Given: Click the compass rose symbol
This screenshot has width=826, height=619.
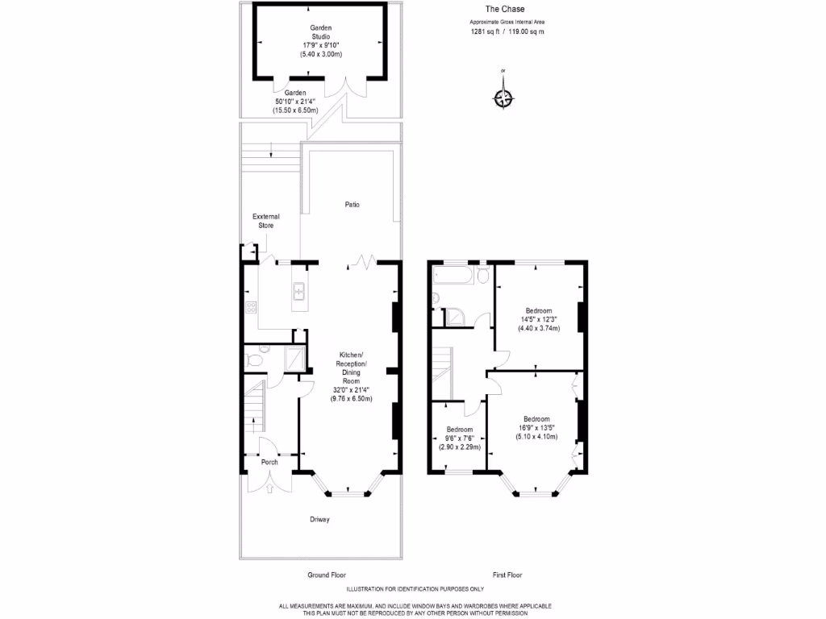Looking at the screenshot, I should (x=503, y=98).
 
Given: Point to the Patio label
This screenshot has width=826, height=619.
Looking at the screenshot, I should (x=352, y=205).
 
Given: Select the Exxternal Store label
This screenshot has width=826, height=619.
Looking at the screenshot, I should (x=266, y=221).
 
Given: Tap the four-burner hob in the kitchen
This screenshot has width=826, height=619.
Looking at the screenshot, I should (x=250, y=307).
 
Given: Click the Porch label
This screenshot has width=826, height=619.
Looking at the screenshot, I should (x=269, y=463).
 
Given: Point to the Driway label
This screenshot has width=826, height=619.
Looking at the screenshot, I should (x=319, y=520).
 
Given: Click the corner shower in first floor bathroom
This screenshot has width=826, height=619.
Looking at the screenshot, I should (x=457, y=317).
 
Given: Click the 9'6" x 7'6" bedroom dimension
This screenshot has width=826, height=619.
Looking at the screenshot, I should (x=459, y=438).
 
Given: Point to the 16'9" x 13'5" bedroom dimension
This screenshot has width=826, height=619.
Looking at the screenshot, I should (x=536, y=428).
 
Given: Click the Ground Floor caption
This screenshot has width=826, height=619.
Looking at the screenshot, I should (x=327, y=575).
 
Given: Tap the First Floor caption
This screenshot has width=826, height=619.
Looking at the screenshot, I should (x=507, y=575).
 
